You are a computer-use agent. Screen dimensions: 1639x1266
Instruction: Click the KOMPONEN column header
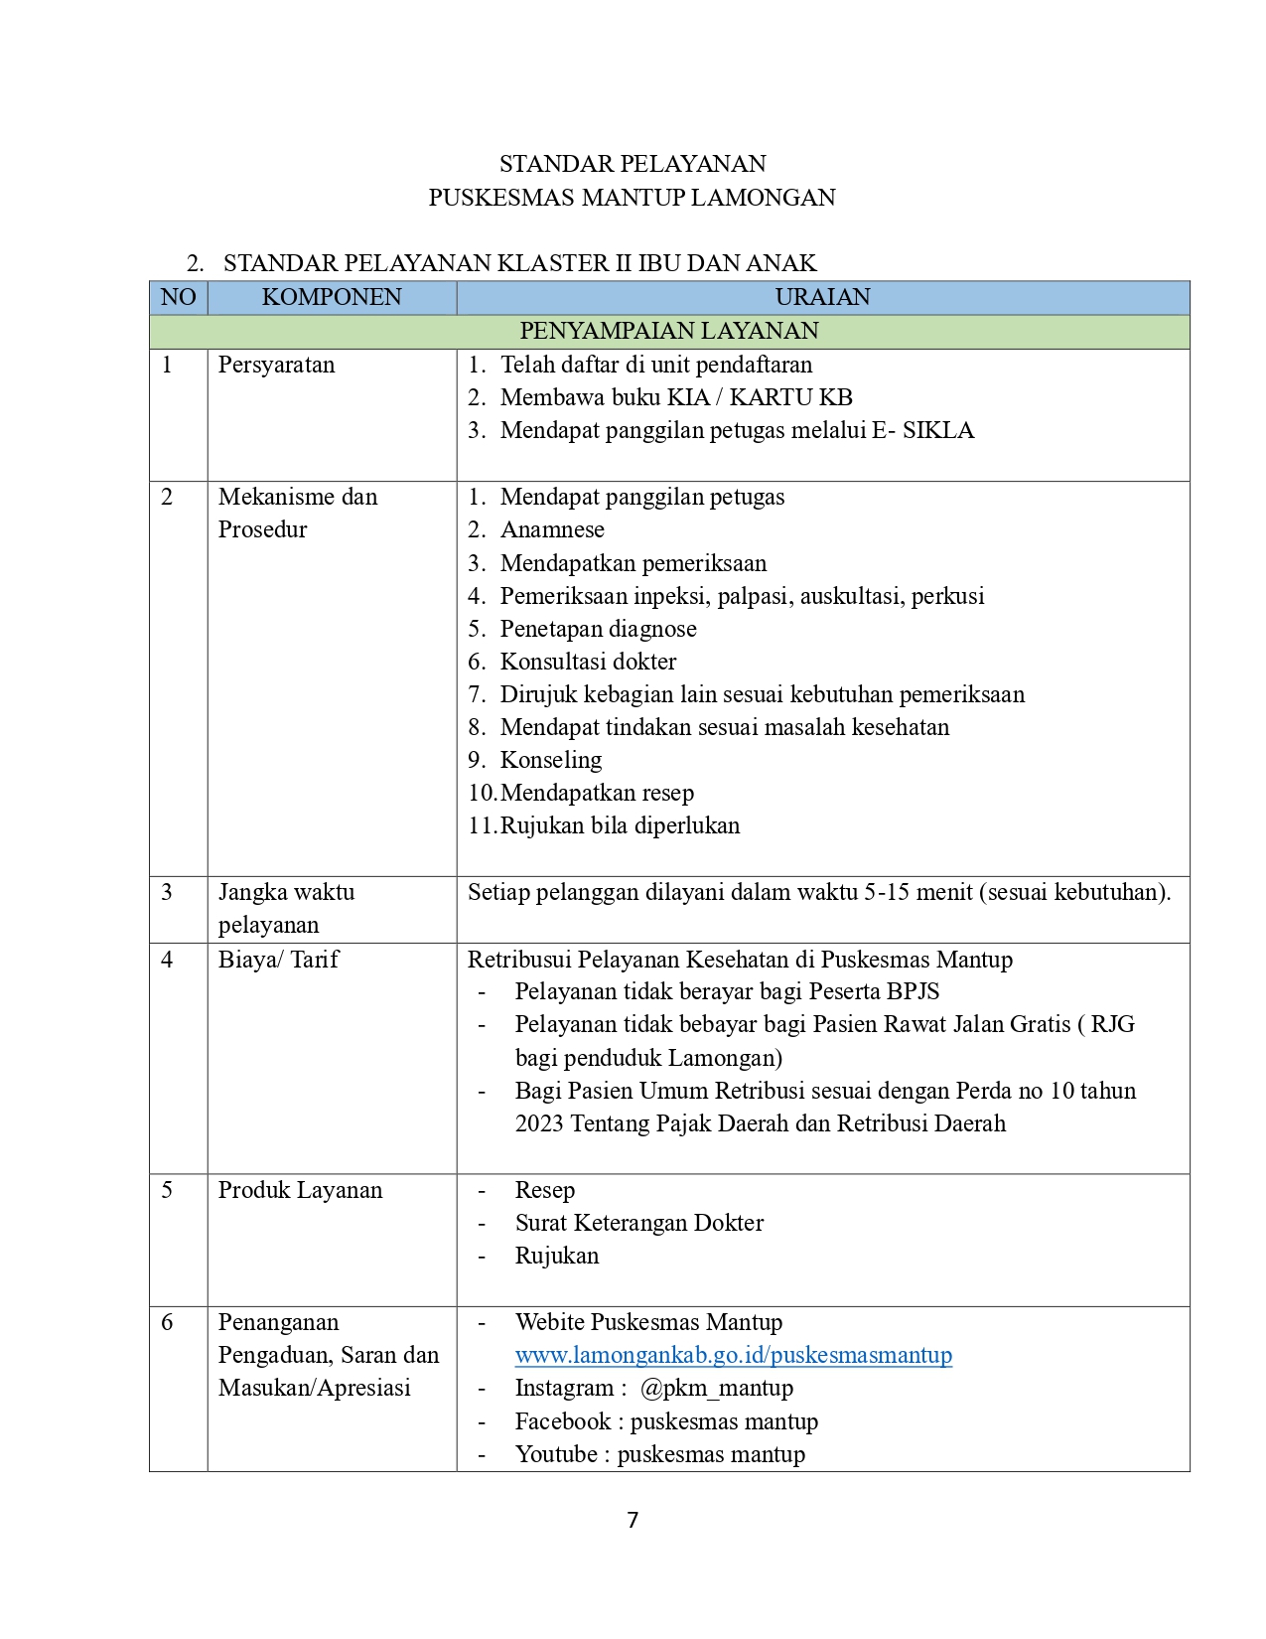(332, 297)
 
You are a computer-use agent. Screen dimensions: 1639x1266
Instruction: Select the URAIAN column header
(822, 297)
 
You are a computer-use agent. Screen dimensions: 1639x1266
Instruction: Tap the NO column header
(179, 297)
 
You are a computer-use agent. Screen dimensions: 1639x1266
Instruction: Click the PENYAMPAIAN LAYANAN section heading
(669, 331)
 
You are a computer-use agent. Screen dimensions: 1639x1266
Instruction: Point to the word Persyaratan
(276, 365)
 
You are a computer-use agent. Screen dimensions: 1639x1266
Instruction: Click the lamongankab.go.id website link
(733, 1355)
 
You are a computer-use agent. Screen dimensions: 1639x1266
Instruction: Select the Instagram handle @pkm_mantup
(716, 1388)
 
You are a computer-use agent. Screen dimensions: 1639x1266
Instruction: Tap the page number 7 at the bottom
(633, 1520)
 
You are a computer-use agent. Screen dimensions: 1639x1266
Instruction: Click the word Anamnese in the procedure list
(552, 529)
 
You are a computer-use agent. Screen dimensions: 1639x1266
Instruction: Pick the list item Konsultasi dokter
(588, 662)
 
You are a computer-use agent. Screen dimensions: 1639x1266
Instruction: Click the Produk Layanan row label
(300, 1190)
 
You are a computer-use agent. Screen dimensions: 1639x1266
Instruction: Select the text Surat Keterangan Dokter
(639, 1223)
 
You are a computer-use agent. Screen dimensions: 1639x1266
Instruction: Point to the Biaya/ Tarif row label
(278, 960)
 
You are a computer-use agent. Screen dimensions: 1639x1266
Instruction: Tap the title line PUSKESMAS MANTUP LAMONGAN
(632, 198)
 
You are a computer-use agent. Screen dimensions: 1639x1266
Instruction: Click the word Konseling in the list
(551, 760)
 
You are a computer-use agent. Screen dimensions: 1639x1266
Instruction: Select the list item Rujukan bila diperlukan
(620, 825)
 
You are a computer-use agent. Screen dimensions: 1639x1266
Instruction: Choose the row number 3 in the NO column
(167, 892)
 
